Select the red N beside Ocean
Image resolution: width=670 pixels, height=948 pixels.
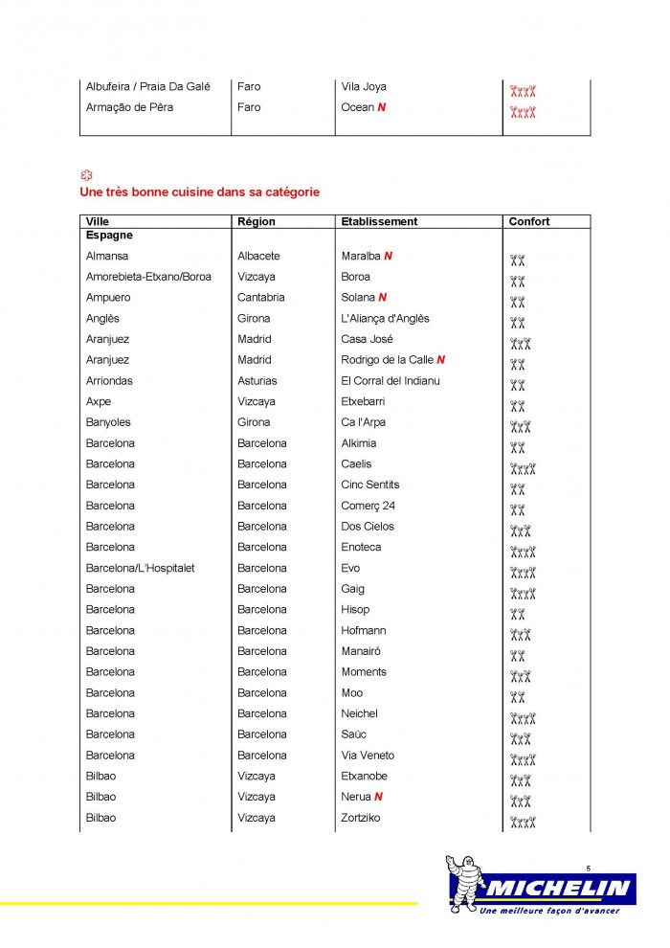(382, 107)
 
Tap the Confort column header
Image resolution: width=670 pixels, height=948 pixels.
(529, 221)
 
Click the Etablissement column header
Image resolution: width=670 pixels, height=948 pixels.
(379, 221)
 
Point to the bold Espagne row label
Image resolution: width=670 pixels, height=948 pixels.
(109, 235)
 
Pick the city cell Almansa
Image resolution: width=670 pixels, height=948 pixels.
(107, 256)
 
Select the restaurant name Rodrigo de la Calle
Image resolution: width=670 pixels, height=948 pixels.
(388, 360)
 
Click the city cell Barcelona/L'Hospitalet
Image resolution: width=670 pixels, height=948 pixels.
(140, 568)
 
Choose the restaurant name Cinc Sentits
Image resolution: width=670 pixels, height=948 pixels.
(370, 485)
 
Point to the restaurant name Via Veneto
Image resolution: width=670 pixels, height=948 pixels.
(368, 756)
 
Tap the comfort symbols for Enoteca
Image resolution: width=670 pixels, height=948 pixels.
(523, 551)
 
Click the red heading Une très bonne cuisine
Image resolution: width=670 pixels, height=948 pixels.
(200, 192)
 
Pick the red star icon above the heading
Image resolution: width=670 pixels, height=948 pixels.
(86, 175)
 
